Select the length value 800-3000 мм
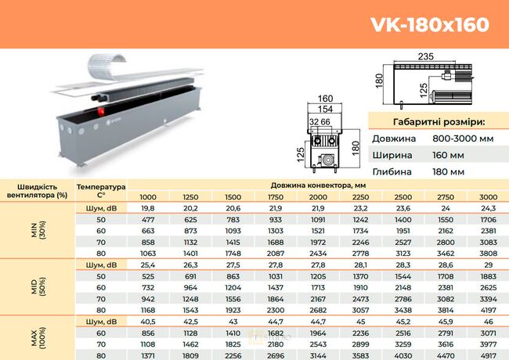tap(462, 139)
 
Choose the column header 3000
tap(487, 196)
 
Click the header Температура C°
tap(101, 192)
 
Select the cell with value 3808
tap(487, 254)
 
